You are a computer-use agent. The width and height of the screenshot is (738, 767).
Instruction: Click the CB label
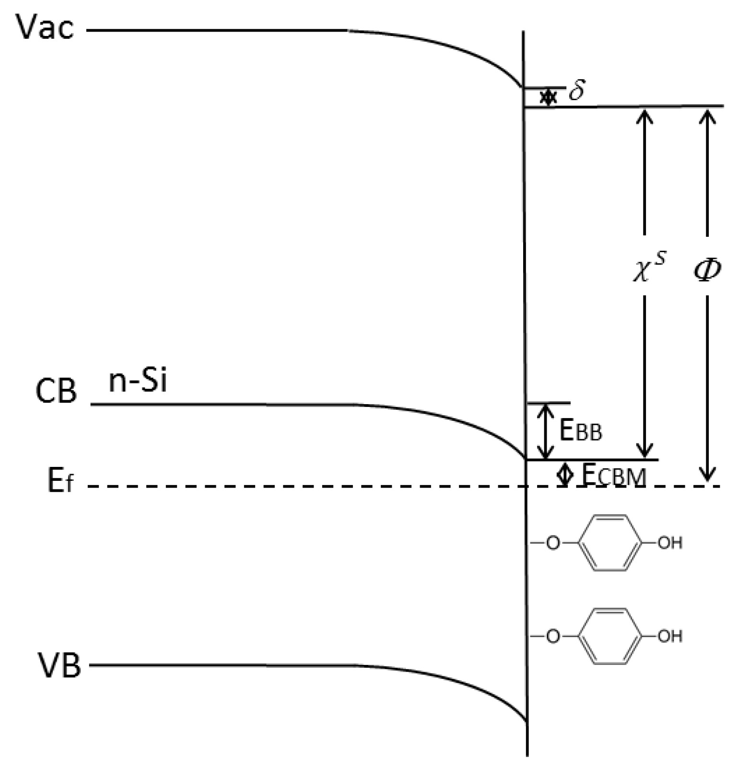point(56,391)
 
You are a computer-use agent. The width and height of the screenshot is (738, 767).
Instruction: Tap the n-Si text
point(138,382)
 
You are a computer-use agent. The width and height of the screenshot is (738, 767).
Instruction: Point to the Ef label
point(60,481)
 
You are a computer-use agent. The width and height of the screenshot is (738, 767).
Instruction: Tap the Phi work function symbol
point(707,269)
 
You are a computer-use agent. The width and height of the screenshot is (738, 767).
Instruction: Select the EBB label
point(580,430)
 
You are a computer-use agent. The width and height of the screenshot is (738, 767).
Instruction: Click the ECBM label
point(614,476)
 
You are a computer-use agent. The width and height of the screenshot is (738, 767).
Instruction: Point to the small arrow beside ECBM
point(565,474)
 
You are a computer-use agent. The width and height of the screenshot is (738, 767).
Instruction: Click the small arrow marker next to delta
point(548,97)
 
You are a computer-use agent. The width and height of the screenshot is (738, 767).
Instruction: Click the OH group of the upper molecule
point(669,543)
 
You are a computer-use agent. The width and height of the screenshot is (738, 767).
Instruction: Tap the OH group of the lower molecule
point(669,637)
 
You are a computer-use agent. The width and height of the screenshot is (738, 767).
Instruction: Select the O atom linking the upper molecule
point(553,543)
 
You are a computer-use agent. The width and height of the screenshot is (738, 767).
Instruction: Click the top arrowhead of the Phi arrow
point(707,115)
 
